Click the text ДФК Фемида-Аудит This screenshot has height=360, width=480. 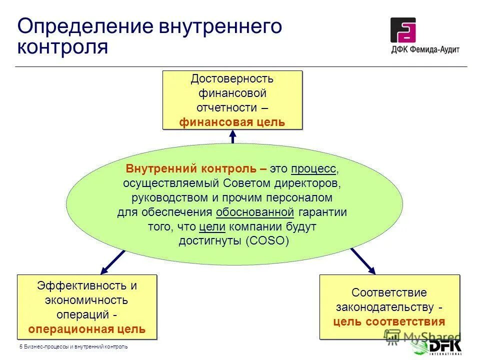tap(425, 49)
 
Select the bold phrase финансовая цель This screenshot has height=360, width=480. tap(232, 121)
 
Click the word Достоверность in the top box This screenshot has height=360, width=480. tap(232, 79)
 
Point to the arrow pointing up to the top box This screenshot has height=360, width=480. tap(232, 136)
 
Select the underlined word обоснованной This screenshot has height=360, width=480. tap(254, 212)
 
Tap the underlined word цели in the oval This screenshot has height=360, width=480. tap(212, 226)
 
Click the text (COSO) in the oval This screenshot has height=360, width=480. tap(267, 240)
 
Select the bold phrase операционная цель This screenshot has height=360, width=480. tap(87, 329)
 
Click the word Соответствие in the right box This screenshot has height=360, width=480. tap(389, 292)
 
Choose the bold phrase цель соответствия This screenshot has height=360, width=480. tap(389, 321)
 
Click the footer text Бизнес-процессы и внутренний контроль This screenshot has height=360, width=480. tap(75, 346)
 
